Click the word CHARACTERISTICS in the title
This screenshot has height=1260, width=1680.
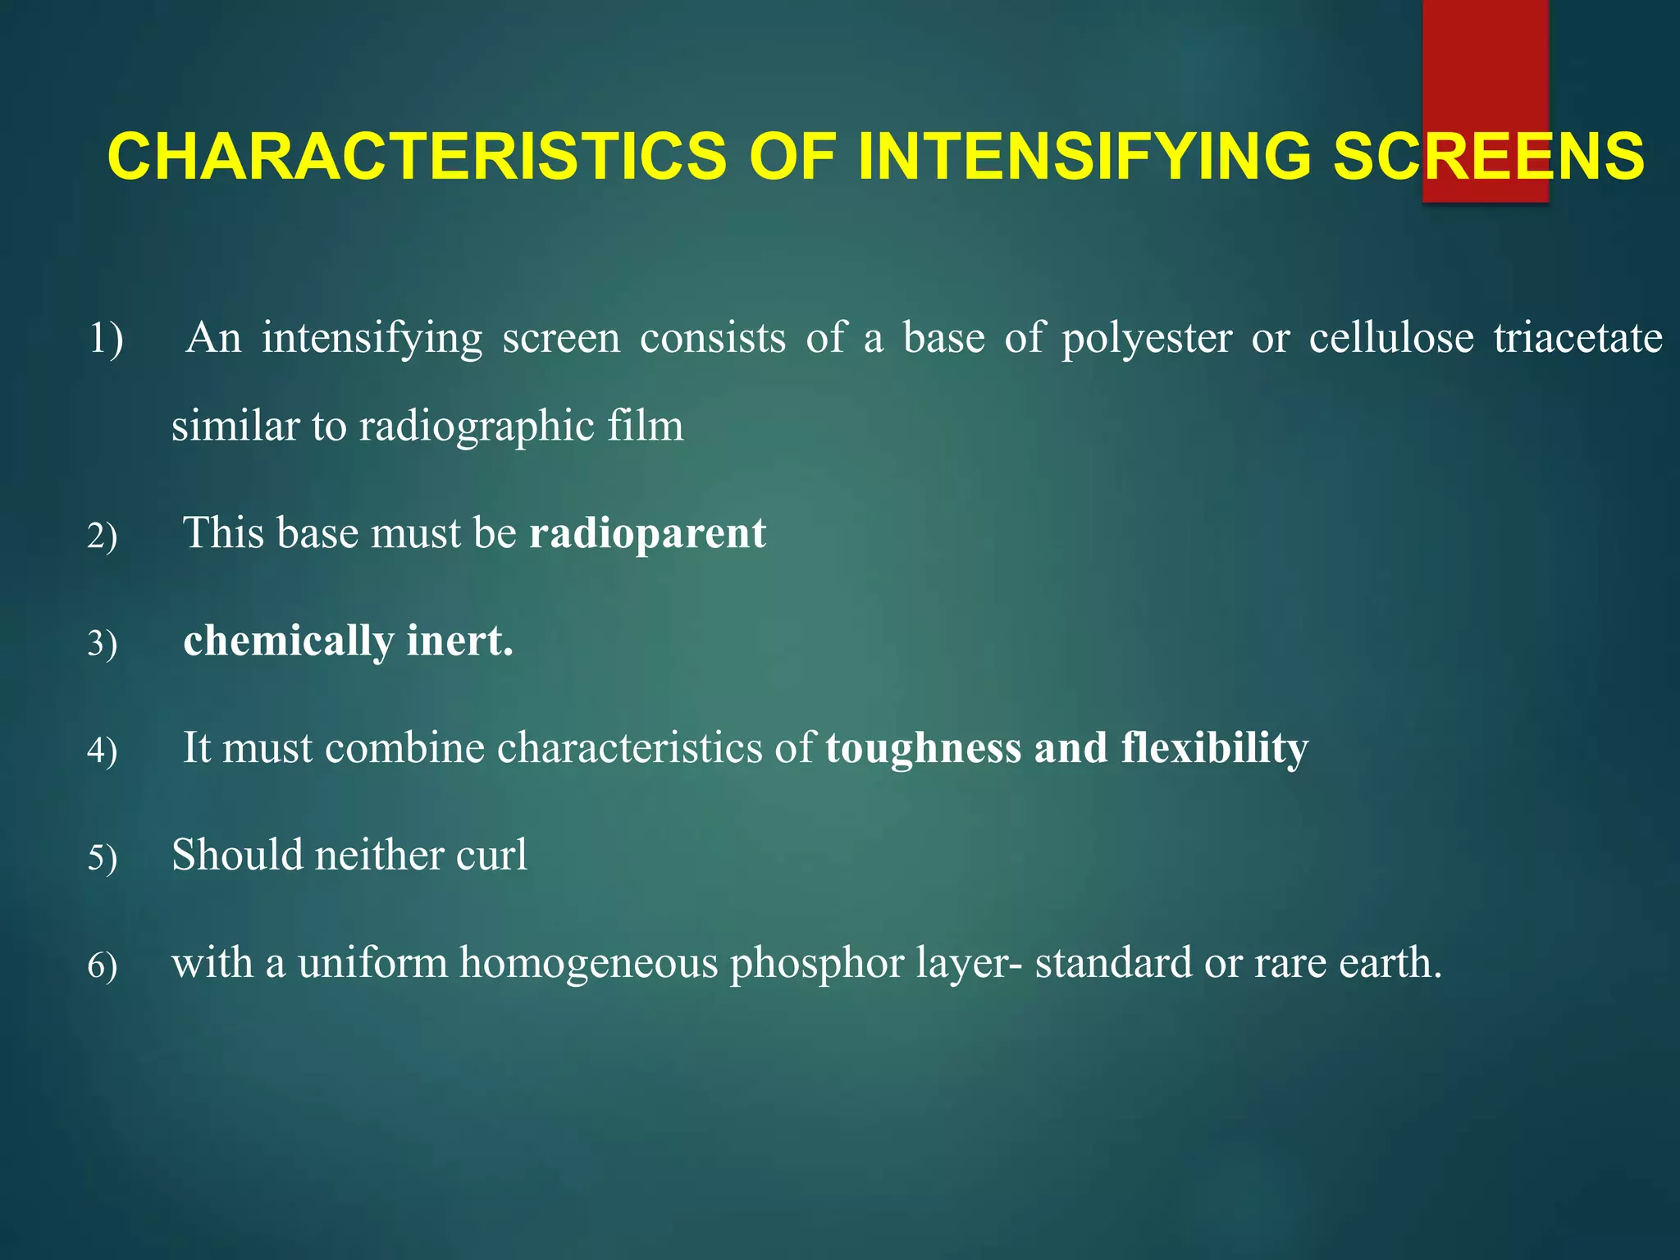point(417,157)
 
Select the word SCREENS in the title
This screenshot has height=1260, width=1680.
point(1488,157)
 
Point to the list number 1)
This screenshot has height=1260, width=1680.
point(106,339)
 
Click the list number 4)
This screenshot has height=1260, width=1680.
point(103,751)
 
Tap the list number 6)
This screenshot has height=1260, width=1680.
point(103,966)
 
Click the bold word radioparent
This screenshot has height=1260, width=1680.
point(647,535)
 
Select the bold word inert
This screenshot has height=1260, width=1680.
point(460,641)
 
